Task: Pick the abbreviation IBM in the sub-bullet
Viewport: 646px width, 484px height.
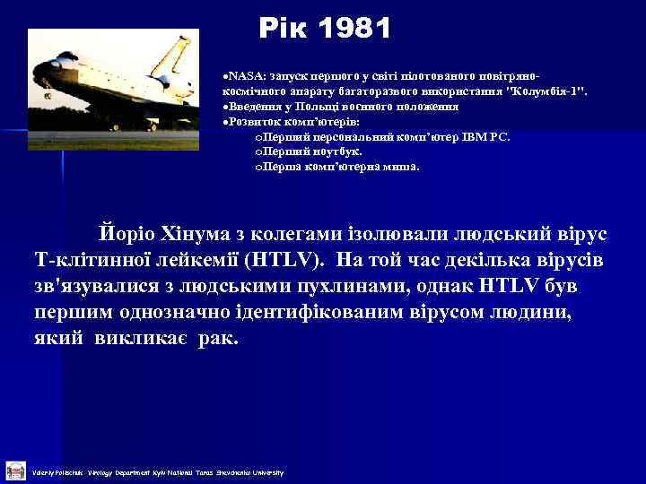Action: point(465,137)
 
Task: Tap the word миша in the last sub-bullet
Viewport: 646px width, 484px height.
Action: point(396,166)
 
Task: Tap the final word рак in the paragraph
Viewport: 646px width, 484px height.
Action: point(221,341)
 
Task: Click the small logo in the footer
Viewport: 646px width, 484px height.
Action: point(15,470)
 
